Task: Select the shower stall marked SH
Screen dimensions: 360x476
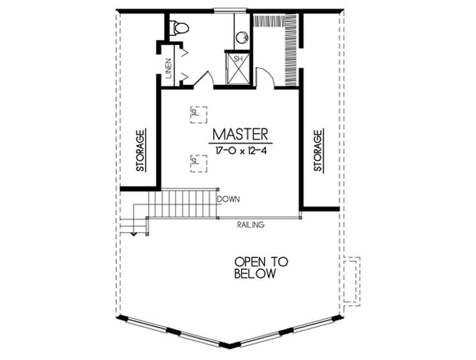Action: click(238, 69)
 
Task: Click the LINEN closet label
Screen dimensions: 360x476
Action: click(170, 68)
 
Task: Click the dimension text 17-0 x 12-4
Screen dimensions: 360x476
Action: click(241, 151)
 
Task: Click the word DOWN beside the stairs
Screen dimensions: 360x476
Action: click(228, 200)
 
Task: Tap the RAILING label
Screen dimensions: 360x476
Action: click(250, 225)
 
